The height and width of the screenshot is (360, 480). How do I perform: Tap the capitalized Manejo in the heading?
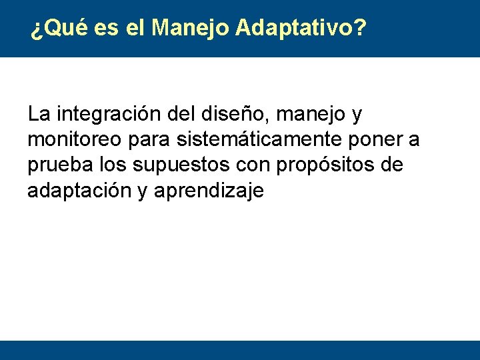[191, 28]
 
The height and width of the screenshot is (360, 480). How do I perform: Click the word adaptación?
[78, 191]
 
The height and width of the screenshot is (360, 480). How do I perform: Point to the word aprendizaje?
[209, 191]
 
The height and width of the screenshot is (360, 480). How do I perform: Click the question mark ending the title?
[360, 28]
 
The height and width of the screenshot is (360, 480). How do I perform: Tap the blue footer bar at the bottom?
[240, 350]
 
